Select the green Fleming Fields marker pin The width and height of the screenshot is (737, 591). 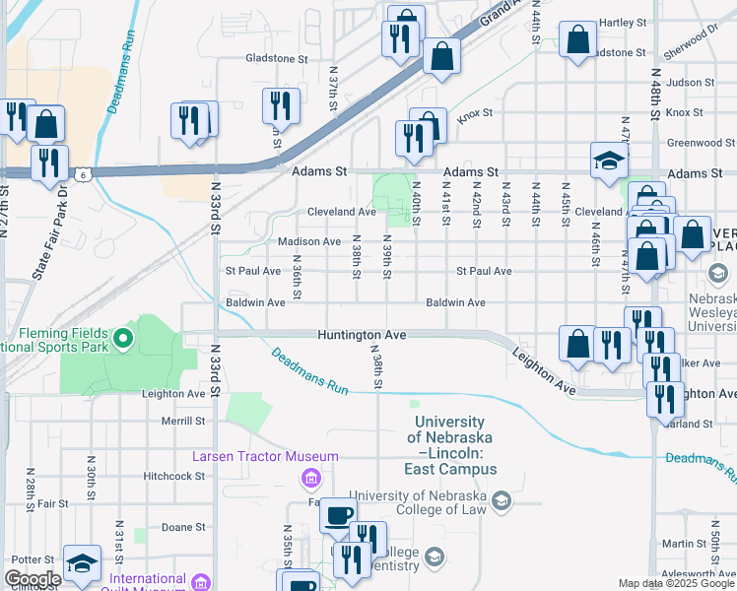tap(123, 340)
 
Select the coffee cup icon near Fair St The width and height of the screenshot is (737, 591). tap(339, 514)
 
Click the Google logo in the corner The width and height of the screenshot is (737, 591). tap(33, 579)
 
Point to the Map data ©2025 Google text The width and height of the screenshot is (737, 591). tap(675, 583)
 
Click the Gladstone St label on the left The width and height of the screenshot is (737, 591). tap(277, 58)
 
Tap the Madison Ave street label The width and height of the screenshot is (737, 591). tap(309, 241)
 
